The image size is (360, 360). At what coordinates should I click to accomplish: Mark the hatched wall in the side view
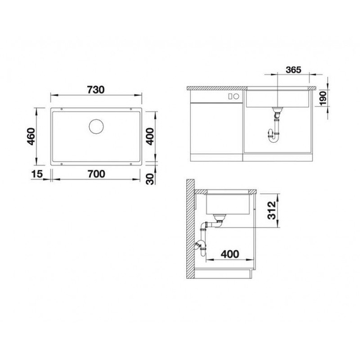coord(189,231)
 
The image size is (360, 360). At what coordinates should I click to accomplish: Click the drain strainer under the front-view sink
coord(275,112)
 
